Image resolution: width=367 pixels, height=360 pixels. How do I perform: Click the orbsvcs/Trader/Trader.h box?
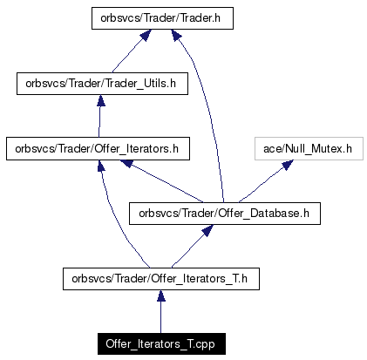[162, 18]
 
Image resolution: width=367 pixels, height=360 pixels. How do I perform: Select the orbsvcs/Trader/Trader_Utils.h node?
[102, 84]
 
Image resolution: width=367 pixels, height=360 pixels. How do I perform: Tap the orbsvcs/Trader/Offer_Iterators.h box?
[98, 148]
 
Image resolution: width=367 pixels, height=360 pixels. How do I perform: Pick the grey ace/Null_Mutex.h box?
[309, 148]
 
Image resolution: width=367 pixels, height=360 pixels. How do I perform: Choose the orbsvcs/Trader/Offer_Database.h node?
[225, 214]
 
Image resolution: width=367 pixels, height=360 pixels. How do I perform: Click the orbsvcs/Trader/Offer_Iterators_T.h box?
[161, 279]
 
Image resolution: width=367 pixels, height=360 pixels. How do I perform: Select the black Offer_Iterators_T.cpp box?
[161, 343]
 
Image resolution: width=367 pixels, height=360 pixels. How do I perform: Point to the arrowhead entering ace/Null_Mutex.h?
[288, 165]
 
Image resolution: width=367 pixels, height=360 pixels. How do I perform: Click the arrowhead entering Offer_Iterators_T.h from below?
[161, 295]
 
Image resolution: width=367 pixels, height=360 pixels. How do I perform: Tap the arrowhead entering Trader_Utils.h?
[101, 100]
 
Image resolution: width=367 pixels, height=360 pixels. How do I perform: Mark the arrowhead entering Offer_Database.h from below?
[207, 230]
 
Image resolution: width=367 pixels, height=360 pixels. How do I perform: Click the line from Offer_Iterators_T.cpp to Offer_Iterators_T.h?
[160, 311]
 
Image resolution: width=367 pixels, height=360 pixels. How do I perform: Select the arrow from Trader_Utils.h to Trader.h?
[132, 51]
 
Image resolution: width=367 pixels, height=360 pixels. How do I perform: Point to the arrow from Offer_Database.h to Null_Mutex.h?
[266, 181]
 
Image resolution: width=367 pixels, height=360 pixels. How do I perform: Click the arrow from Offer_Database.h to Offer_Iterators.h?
[162, 181]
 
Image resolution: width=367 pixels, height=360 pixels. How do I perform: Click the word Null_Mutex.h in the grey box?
[318, 149]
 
